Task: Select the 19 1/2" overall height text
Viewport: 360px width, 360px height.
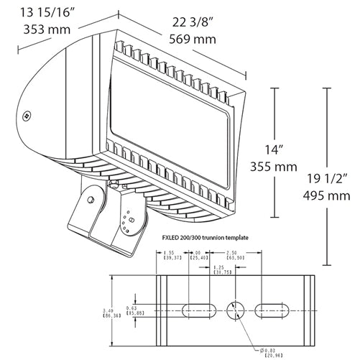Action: click(x=330, y=178)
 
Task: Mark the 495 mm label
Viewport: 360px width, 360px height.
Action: click(x=330, y=195)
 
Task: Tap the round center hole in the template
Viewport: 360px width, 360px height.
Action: click(x=235, y=310)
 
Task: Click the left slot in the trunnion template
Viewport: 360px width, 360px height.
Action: click(x=197, y=310)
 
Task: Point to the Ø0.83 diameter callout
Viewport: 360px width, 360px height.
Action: click(x=268, y=351)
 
